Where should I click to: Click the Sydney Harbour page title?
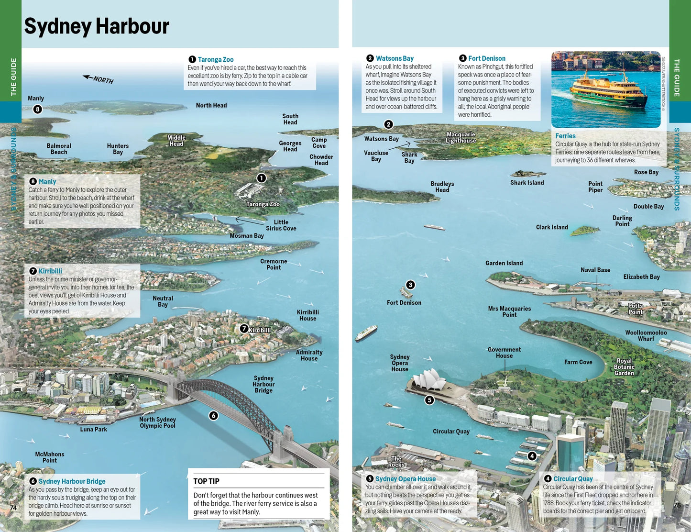[x=97, y=27]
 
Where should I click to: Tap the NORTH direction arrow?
[x=99, y=79]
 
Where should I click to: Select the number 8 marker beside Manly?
[x=37, y=109]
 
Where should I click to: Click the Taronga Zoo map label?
[x=263, y=204]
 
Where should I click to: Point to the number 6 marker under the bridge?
[x=214, y=415]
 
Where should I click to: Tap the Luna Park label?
[x=93, y=429]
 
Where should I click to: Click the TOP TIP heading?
[x=206, y=481]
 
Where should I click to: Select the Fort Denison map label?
[x=404, y=303]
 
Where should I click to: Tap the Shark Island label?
[x=526, y=183]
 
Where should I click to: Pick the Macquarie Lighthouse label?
[x=461, y=138]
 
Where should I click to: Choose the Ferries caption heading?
[x=565, y=136]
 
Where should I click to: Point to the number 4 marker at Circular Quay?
[x=532, y=456]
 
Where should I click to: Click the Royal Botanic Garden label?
[x=624, y=367]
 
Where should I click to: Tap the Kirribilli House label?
[x=307, y=315]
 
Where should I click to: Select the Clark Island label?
[x=551, y=227]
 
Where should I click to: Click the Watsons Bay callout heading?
[x=395, y=58]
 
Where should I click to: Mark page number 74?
[x=13, y=508]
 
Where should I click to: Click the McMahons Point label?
[x=49, y=457]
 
